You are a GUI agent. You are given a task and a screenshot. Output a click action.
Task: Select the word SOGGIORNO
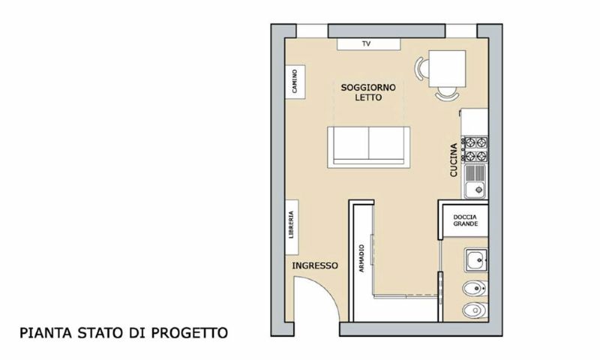[x=364, y=87]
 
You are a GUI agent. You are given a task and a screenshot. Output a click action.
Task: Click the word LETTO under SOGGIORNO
[x=368, y=97]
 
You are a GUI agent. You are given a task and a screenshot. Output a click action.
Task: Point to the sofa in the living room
[x=370, y=145]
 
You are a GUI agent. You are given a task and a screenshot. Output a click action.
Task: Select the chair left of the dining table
[x=421, y=68]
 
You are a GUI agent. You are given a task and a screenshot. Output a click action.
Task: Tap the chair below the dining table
[x=447, y=94]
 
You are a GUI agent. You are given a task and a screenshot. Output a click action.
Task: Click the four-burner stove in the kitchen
[x=475, y=149]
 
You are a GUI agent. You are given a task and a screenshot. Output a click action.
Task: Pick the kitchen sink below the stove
[x=475, y=181]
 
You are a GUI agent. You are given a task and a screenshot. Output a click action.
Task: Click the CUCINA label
[x=454, y=160]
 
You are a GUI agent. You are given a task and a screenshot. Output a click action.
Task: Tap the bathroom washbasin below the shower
[x=474, y=260]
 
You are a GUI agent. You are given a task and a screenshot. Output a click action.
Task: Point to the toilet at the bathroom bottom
[x=472, y=310]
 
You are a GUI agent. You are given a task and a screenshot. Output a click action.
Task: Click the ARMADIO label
[x=361, y=259]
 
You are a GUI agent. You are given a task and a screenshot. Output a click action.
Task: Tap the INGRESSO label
[x=315, y=266]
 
